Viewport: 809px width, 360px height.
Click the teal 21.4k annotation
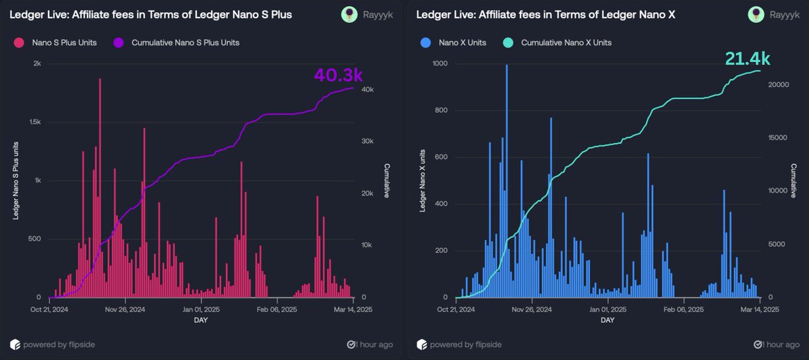click(x=747, y=59)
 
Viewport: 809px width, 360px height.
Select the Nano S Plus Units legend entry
click(x=64, y=43)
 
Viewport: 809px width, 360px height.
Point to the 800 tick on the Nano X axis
click(x=442, y=111)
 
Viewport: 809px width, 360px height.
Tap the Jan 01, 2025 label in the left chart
click(x=199, y=310)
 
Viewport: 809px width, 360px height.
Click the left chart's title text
click(x=150, y=14)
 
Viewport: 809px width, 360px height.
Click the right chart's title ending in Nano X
click(x=546, y=14)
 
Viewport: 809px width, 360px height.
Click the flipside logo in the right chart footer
click(x=421, y=344)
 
